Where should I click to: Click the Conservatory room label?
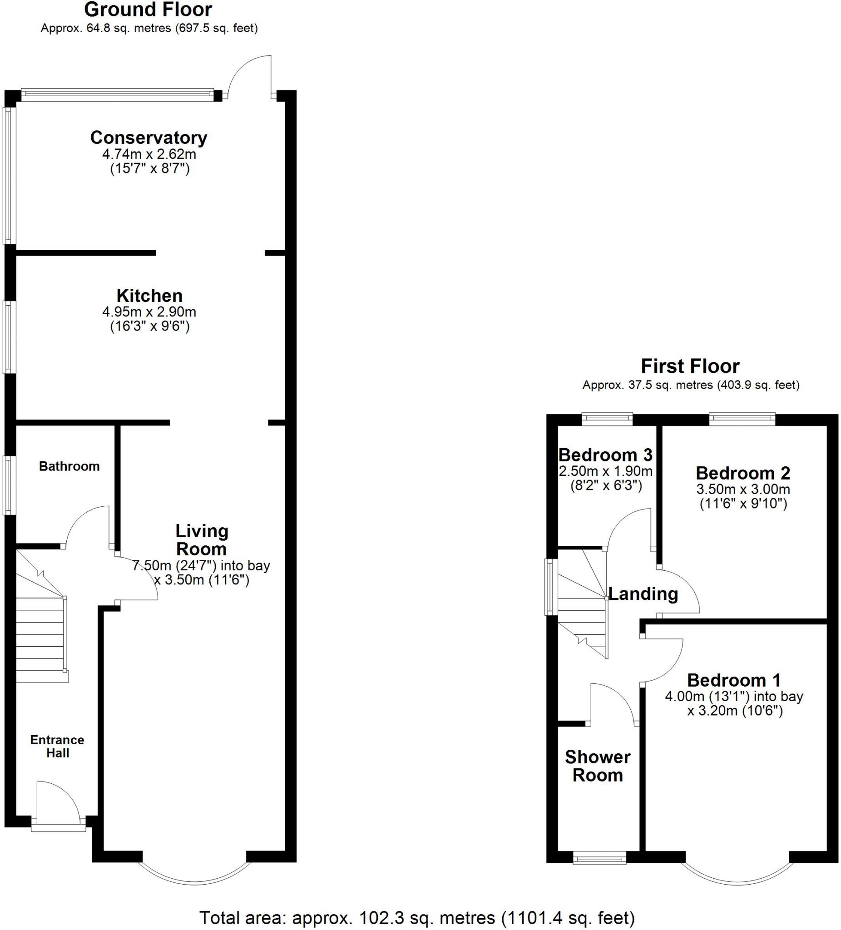point(148,138)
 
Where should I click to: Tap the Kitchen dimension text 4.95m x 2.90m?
point(149,312)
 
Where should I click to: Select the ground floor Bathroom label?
point(69,466)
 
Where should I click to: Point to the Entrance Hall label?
point(57,747)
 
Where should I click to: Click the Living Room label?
point(202,540)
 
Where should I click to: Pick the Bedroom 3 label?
point(605,455)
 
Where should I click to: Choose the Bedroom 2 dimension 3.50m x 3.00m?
point(743,489)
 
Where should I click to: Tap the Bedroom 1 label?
point(734,680)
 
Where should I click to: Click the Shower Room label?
point(598,766)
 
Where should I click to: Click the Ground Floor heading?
point(148,9)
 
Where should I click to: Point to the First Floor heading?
point(690,366)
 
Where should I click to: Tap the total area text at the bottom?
point(417,917)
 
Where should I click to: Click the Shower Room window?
point(599,859)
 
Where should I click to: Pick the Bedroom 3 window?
point(607,418)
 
